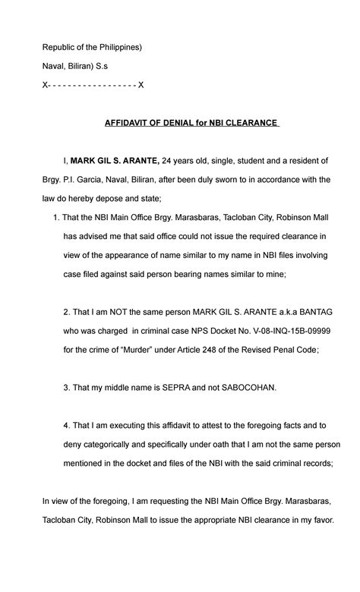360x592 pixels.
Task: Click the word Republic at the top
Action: click(59, 47)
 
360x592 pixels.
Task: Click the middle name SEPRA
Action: click(159, 387)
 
